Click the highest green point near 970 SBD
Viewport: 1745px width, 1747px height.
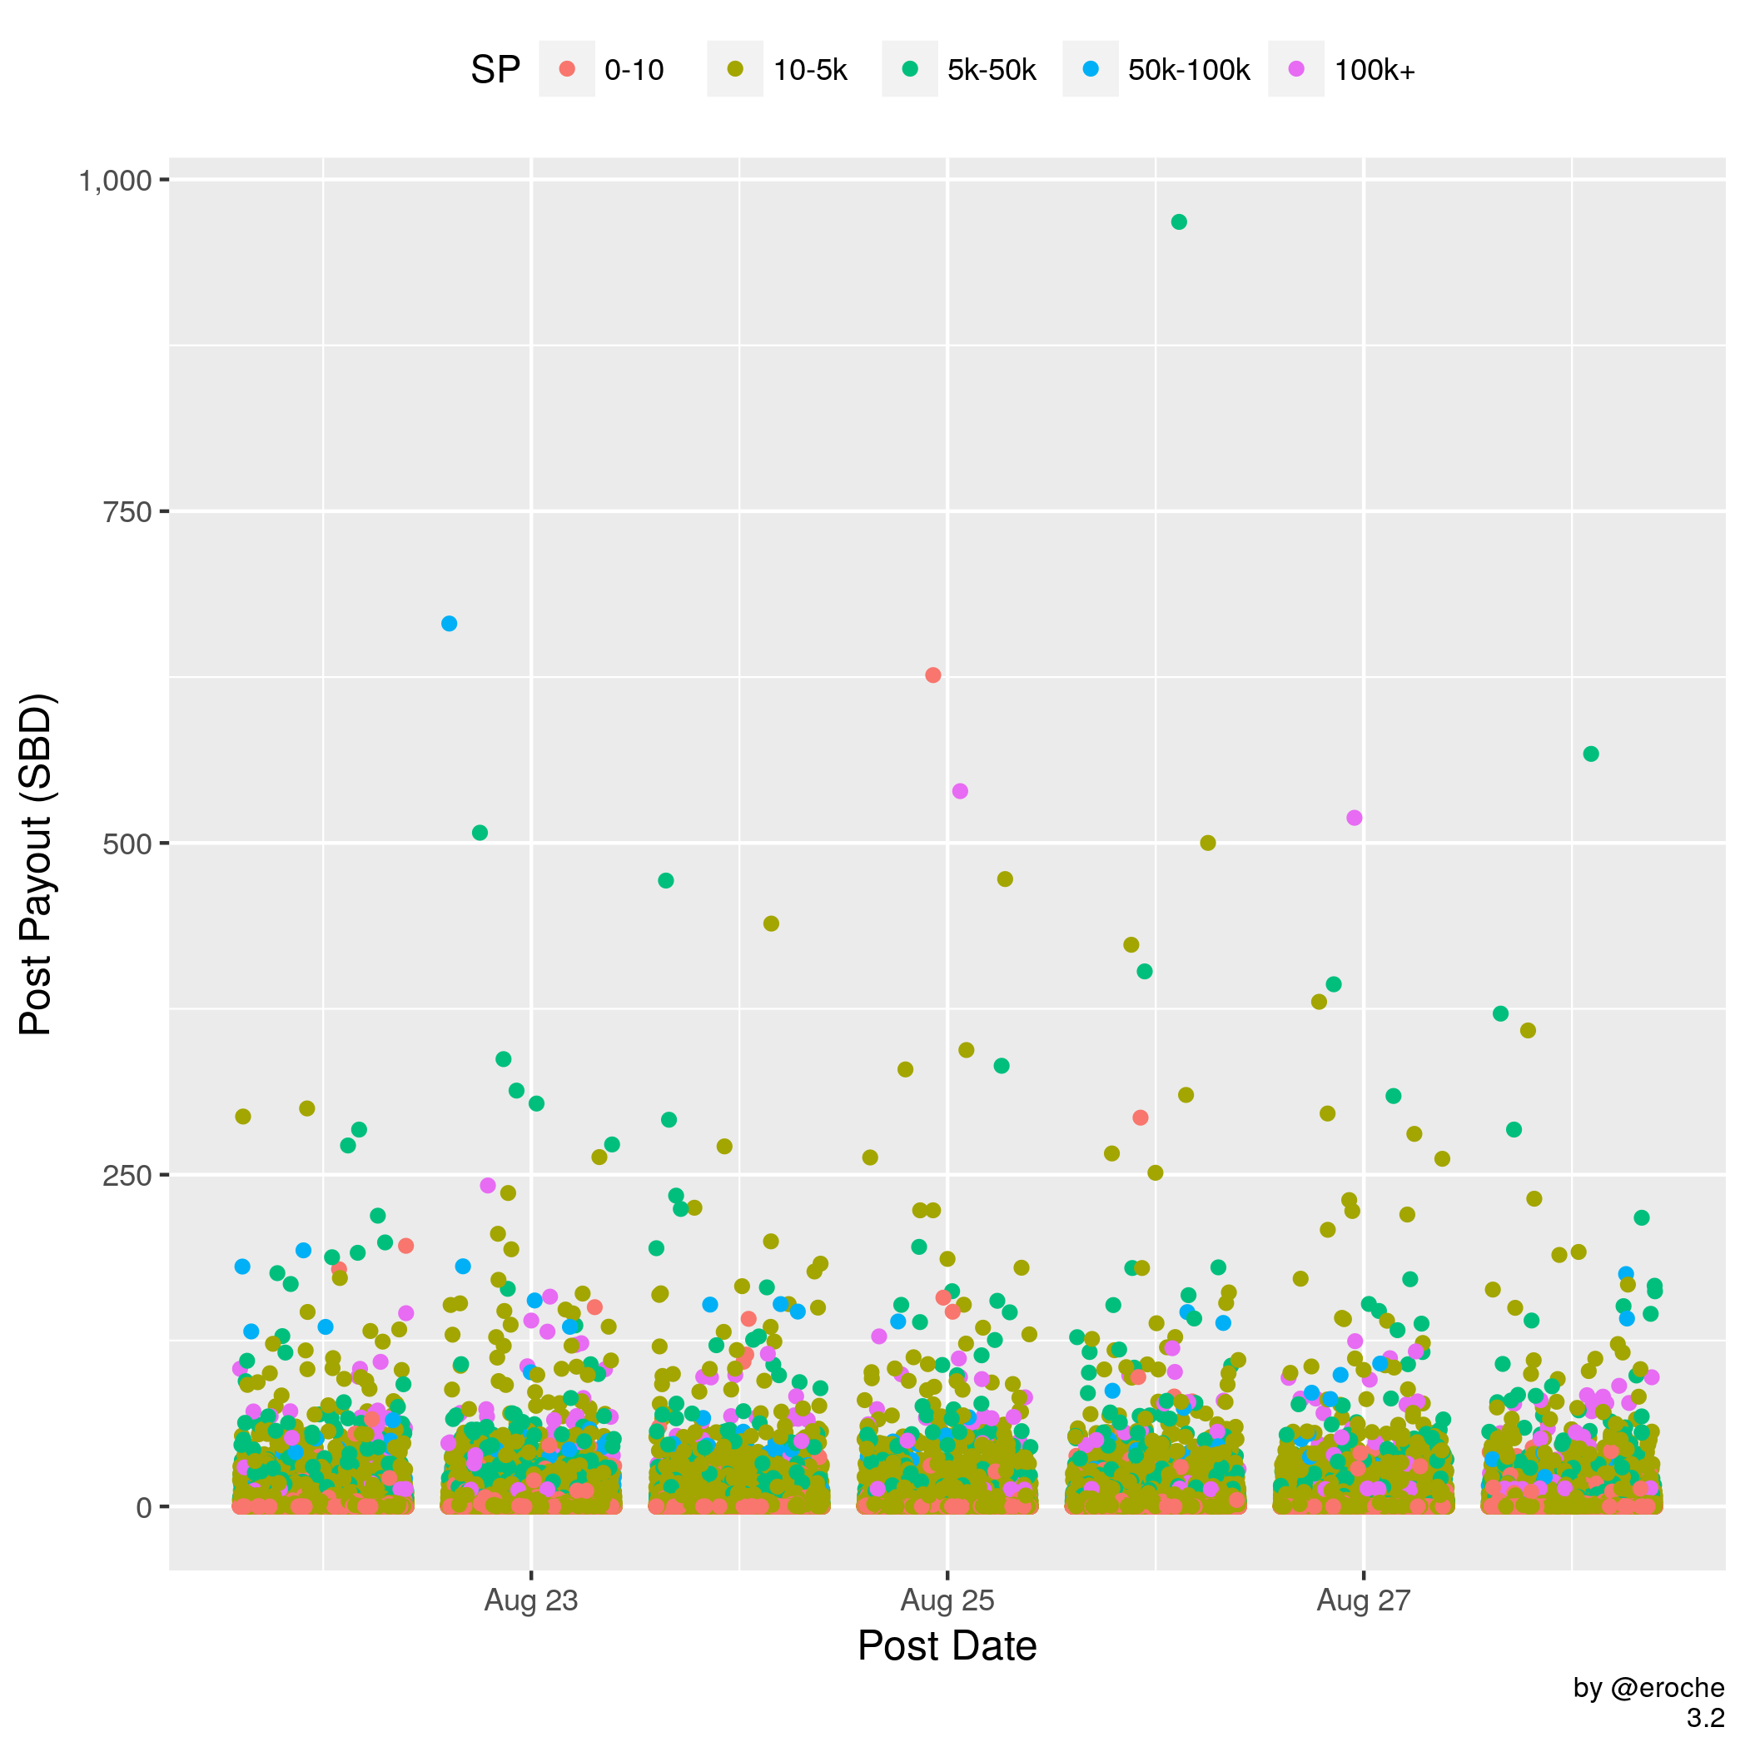(x=1178, y=222)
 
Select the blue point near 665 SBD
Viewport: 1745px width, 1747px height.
(x=450, y=624)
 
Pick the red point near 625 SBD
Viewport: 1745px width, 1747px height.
(x=933, y=675)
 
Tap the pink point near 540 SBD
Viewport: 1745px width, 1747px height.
(x=960, y=791)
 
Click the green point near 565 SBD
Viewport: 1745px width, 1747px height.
(x=1591, y=754)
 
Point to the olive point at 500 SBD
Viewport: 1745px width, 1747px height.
(x=1208, y=843)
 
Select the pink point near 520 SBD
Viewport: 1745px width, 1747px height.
(x=1355, y=818)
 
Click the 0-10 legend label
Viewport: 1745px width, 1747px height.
(x=634, y=70)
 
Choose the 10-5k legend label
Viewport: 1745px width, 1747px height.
(x=809, y=70)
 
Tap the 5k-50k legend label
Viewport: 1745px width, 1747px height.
(x=991, y=70)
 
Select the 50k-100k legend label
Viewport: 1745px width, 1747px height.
(x=1188, y=70)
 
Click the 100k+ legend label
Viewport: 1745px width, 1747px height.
(x=1375, y=70)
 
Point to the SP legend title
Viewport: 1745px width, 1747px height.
(x=495, y=70)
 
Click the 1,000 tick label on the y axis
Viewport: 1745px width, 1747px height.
(x=114, y=181)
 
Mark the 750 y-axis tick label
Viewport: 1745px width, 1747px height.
(x=127, y=512)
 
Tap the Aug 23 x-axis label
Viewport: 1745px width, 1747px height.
(x=530, y=1600)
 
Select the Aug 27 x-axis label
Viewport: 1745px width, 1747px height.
(x=1364, y=1600)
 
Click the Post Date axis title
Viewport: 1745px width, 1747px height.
(x=947, y=1645)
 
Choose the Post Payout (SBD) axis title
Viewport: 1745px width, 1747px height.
(x=37, y=864)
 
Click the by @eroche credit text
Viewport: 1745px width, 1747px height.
(x=1648, y=1688)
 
